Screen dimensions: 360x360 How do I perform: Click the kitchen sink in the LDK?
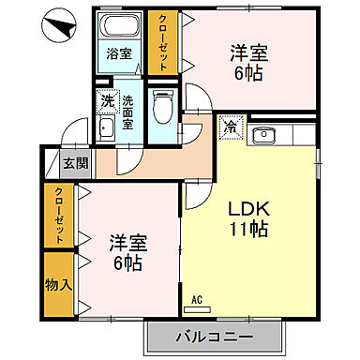tap(265, 135)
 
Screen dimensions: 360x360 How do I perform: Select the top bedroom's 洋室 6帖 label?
tap(249, 60)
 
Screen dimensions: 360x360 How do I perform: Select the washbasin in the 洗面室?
tap(104, 129)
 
